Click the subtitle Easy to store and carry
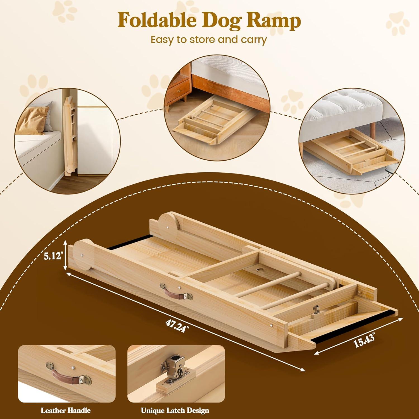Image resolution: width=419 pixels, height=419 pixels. pos(209,40)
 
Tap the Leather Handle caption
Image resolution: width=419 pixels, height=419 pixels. pos(66,410)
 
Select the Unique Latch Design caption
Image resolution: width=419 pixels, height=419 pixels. pos(175,410)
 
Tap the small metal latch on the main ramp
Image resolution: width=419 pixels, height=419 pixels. pos(316,310)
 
